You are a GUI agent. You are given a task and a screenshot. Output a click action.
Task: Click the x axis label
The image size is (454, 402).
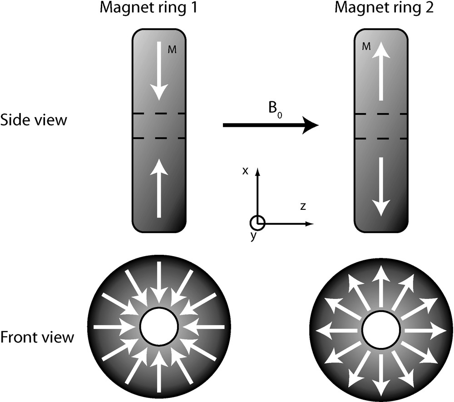pyautogui.click(x=245, y=171)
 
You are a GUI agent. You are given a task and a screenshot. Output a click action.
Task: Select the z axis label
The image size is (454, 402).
pyautogui.click(x=303, y=207)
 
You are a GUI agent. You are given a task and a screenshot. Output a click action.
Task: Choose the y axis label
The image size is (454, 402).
pyautogui.click(x=253, y=237)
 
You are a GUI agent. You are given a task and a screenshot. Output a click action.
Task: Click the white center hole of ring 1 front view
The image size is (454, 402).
pyautogui.click(x=158, y=327)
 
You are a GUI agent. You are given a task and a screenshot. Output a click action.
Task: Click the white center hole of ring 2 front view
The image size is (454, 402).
pyautogui.click(x=381, y=331)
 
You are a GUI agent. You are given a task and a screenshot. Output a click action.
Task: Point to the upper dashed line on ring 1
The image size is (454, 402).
pyautogui.click(x=158, y=113)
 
